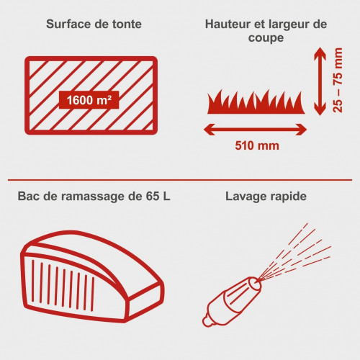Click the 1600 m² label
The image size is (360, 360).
[x=89, y=100]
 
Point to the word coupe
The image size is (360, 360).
[x=266, y=38]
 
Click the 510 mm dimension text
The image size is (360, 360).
[x=257, y=145]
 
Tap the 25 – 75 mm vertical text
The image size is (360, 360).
[x=338, y=80]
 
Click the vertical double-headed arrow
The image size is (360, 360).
[x=320, y=81]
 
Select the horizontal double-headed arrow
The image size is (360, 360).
[x=256, y=130]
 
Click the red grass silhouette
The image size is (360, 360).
[x=256, y=103]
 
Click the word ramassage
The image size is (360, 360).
[x=94, y=197]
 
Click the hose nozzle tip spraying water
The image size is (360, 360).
[x=256, y=282]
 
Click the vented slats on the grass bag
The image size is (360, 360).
[x=63, y=286]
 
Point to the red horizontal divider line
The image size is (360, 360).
[x=180, y=179]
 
